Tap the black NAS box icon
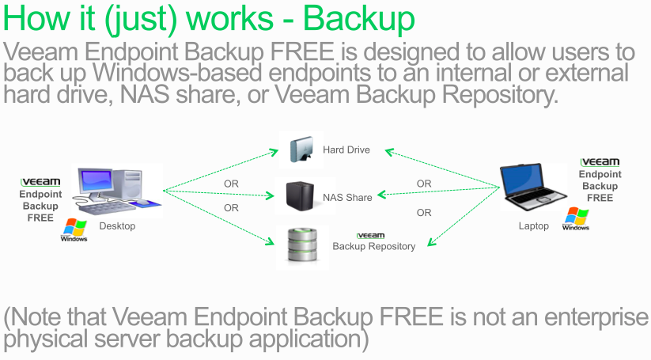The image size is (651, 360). click(300, 196)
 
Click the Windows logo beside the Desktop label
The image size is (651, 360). click(74, 229)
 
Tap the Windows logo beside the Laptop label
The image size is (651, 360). click(576, 218)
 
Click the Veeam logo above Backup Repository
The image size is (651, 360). click(370, 236)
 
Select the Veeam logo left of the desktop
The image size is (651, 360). click(40, 182)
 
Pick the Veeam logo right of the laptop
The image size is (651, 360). click(600, 162)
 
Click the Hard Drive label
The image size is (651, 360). click(346, 150)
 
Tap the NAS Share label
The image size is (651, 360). click(347, 198)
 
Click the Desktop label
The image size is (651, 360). click(117, 225)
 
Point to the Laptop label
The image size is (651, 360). click(533, 225)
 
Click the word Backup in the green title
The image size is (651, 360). click(358, 18)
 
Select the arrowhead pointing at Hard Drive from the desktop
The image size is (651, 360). click(274, 152)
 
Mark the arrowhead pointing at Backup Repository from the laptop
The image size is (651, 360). click(432, 241)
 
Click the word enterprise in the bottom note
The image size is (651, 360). click(596, 317)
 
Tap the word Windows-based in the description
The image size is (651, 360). click(177, 73)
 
